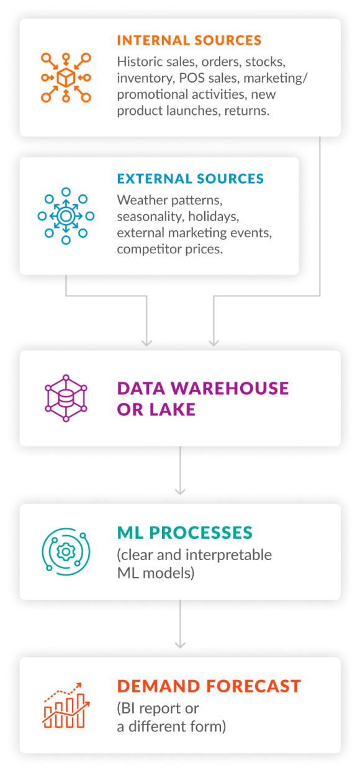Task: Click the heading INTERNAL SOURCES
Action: click(x=189, y=41)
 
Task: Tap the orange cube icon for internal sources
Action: click(x=66, y=78)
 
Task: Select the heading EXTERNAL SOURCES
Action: click(x=190, y=179)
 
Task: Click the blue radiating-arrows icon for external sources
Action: click(x=66, y=216)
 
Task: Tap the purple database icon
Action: click(x=66, y=398)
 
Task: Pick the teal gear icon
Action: click(x=66, y=551)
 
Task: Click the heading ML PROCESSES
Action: click(x=184, y=533)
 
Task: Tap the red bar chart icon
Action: click(x=66, y=705)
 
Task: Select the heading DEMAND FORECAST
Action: click(x=209, y=686)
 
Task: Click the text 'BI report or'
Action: click(x=158, y=708)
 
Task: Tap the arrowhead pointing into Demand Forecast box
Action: click(x=180, y=644)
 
